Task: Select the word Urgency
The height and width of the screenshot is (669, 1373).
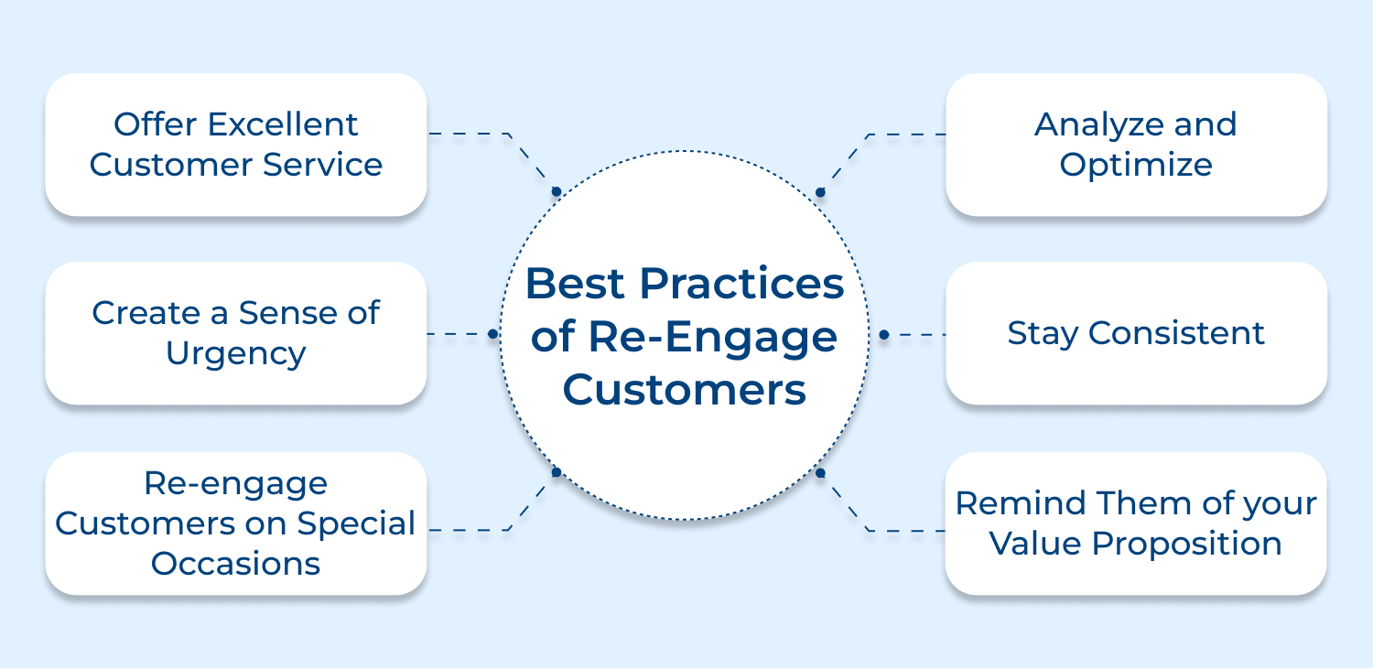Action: click(x=235, y=354)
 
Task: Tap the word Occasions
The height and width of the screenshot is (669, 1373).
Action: click(x=235, y=564)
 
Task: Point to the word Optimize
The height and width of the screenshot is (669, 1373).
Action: click(x=1136, y=166)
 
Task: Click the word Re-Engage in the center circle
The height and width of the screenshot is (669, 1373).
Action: click(x=712, y=337)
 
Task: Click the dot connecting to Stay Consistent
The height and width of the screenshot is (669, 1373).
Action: click(x=883, y=335)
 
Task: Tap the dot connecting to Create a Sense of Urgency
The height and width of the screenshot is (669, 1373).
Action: click(x=492, y=334)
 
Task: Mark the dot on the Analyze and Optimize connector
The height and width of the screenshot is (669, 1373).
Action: click(x=820, y=192)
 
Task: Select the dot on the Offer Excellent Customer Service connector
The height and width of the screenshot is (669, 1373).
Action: click(x=556, y=192)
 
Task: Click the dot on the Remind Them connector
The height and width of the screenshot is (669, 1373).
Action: click(x=820, y=473)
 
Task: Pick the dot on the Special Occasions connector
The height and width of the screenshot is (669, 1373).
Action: click(x=556, y=472)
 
